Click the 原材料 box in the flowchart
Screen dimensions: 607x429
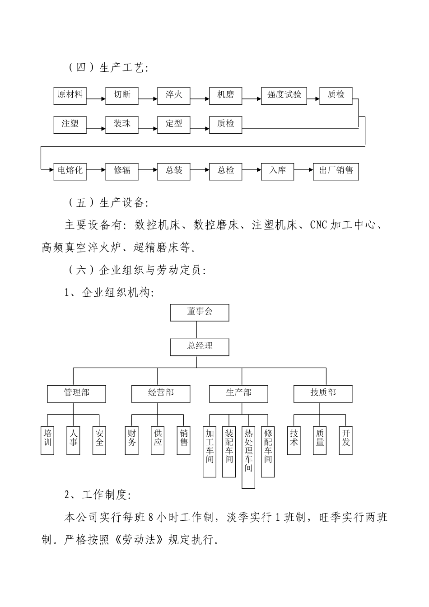coord(70,95)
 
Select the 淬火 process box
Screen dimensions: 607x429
coord(174,95)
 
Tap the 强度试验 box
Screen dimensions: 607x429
coord(284,95)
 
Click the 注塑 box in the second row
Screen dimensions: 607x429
coord(70,124)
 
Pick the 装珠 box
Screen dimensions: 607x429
coord(122,124)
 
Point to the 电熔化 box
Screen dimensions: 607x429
coord(70,171)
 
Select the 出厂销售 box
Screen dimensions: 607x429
coord(336,171)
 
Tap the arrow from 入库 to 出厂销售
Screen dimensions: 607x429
coord(303,170)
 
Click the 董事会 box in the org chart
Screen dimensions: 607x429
coord(200,312)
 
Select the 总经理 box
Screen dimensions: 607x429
coord(200,347)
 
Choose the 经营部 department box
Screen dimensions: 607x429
coord(161,393)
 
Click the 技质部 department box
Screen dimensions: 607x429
coord(323,393)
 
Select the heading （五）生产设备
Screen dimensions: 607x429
coord(107,203)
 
